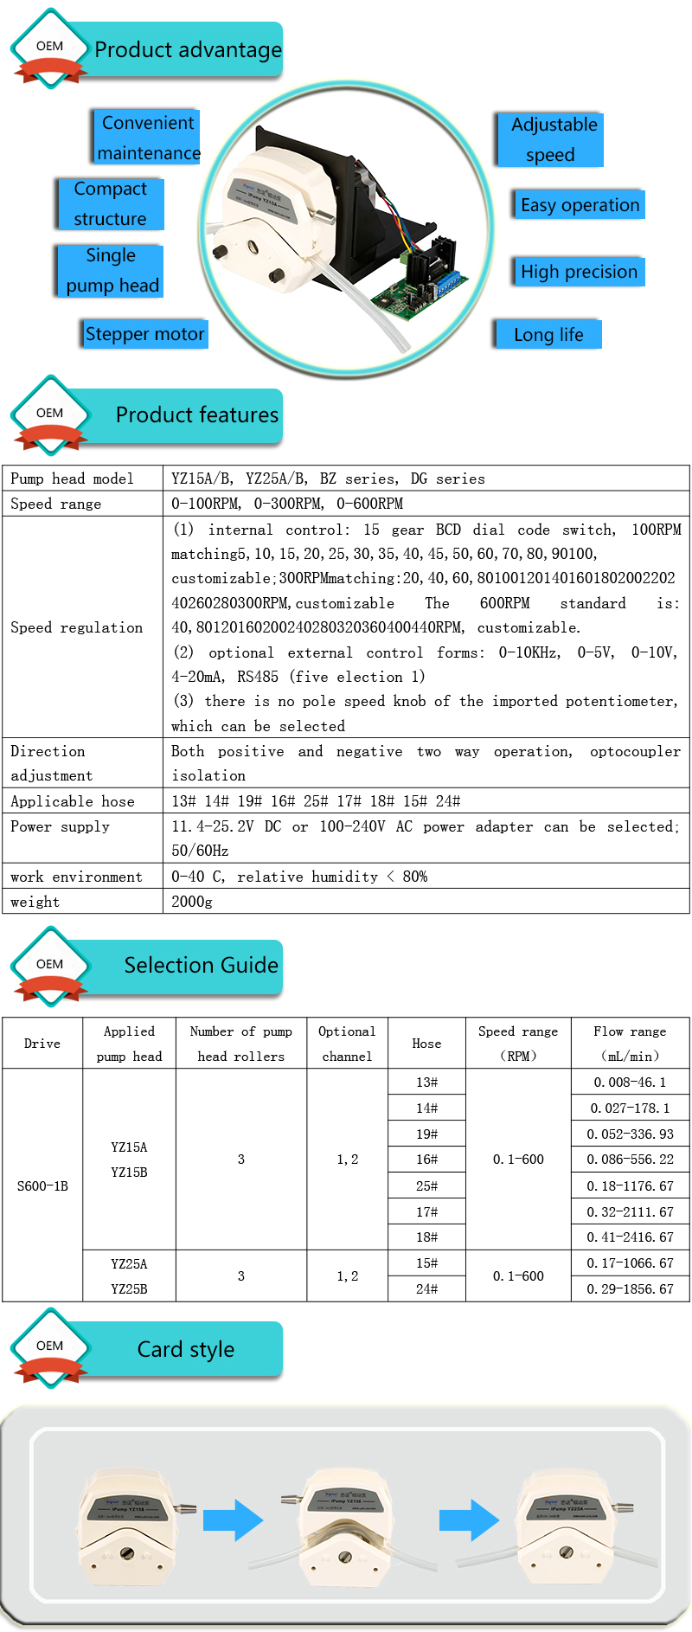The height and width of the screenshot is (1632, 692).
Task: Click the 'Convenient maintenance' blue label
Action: click(x=147, y=137)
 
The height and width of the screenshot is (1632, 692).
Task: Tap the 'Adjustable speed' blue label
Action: click(x=551, y=139)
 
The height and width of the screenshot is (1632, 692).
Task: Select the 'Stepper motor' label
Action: click(x=145, y=334)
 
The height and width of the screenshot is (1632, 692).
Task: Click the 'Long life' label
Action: click(x=548, y=335)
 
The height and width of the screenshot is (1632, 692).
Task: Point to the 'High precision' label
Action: click(x=578, y=272)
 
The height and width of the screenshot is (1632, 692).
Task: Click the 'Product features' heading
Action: click(x=197, y=415)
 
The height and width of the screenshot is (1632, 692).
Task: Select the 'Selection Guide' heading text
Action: click(x=201, y=966)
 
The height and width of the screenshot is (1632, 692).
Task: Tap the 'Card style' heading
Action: click(x=186, y=1350)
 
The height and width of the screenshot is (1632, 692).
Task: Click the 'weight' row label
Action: click(x=35, y=902)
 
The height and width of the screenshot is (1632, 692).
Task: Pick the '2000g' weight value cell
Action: click(x=192, y=902)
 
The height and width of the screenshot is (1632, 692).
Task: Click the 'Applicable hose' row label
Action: click(x=73, y=801)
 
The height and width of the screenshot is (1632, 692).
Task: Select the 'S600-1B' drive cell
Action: click(x=42, y=1185)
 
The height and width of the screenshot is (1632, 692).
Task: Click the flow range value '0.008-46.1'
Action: click(x=630, y=1083)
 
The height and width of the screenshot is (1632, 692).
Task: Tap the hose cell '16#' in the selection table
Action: click(x=426, y=1160)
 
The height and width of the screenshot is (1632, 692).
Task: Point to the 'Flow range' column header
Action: click(x=630, y=1043)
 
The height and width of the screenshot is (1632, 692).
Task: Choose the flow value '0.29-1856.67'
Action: click(x=630, y=1289)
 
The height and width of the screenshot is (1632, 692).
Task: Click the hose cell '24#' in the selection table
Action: click(x=426, y=1289)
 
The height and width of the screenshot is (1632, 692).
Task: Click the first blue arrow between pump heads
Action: click(x=233, y=1520)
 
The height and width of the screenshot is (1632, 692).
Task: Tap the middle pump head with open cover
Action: click(x=344, y=1529)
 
